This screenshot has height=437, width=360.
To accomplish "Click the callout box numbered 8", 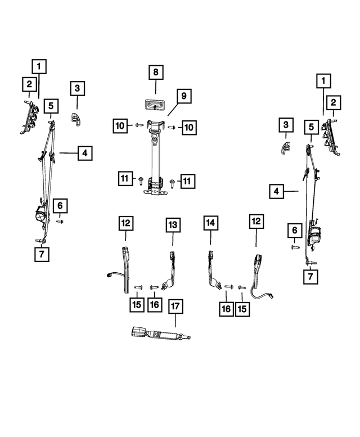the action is (x=156, y=73).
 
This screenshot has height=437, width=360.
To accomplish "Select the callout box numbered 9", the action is (x=184, y=96).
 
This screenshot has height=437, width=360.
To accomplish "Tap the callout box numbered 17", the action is (x=175, y=307).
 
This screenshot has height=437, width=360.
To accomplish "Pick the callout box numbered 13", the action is (x=173, y=225).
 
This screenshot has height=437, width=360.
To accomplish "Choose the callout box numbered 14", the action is (x=210, y=223).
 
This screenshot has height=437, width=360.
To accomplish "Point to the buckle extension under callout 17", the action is (x=161, y=334).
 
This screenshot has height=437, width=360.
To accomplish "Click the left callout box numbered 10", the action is (x=120, y=125).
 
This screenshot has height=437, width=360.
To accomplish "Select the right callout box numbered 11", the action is (x=187, y=181).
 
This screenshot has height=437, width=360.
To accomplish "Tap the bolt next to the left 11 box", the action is (x=141, y=181).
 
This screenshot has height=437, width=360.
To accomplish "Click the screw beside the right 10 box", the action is (x=171, y=127).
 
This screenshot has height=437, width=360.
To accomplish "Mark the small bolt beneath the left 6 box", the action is (x=60, y=221).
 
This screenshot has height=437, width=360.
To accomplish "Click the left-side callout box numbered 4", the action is (x=85, y=153).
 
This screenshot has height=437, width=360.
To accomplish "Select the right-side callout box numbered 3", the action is (x=286, y=125).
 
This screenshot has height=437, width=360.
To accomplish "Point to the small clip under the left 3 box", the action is (x=75, y=119).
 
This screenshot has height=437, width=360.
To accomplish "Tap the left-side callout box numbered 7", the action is (x=42, y=254).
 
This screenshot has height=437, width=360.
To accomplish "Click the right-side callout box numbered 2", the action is (x=334, y=102).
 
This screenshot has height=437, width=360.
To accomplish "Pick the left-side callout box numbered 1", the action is (x=39, y=66).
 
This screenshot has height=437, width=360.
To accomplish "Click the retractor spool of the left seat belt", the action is (x=41, y=215).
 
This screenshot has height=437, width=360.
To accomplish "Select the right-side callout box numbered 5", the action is (x=311, y=127).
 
